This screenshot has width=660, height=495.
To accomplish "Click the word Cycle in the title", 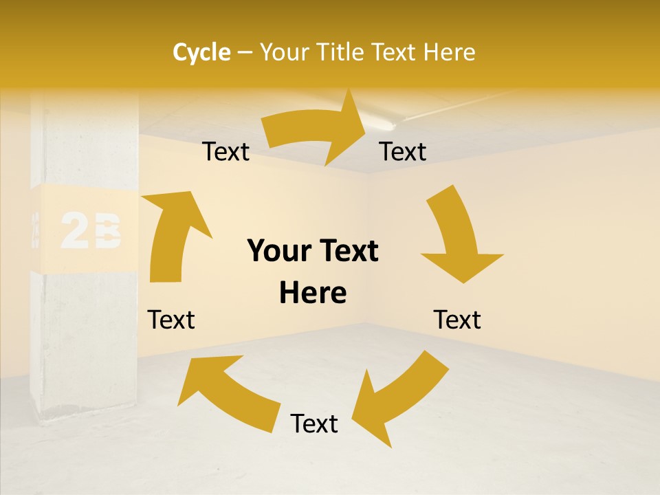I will pos(201,52).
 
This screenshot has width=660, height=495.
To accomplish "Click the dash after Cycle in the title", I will pos(245,53).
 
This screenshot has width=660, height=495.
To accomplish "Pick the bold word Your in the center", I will pos(276,251).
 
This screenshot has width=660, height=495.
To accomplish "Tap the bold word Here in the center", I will pos(313,293).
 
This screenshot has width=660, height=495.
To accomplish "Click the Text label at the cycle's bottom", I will pos(314,423).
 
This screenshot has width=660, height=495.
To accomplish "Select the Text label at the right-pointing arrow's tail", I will pos(225,151).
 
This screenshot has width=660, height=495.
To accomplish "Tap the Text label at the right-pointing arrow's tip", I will pos(403,151).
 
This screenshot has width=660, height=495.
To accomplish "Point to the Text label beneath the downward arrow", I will pos(457,320).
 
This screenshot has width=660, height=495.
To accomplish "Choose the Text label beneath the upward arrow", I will pos(171,320).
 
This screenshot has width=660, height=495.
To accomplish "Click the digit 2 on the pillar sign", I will pos(75,231).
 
